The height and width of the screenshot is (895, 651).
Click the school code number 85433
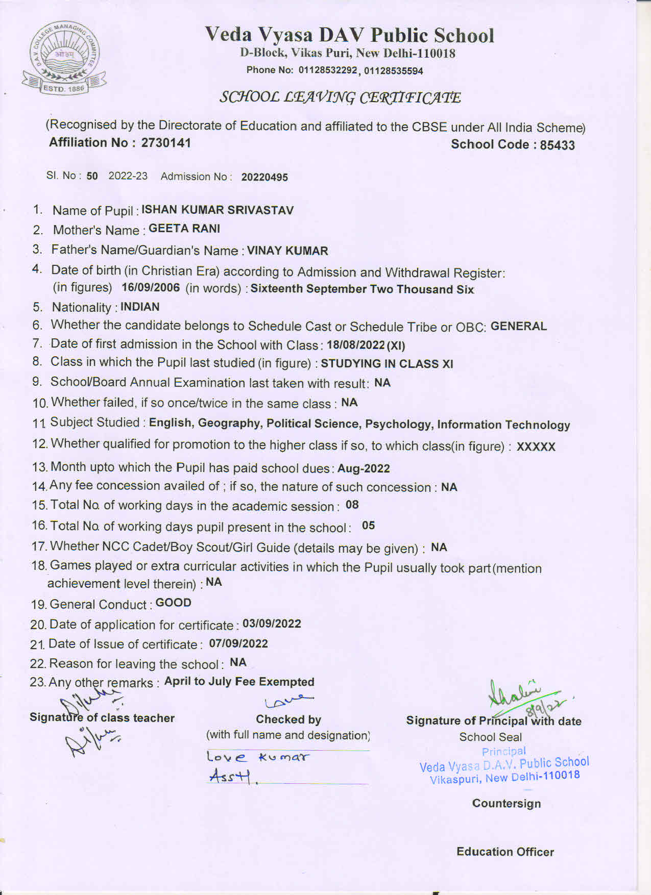pyautogui.click(x=557, y=145)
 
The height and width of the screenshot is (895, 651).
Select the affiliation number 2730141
pyautogui.click(x=166, y=143)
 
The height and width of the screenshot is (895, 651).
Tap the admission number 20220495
pyautogui.click(x=264, y=177)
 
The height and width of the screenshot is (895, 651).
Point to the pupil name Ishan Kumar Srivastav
pyautogui.click(x=218, y=210)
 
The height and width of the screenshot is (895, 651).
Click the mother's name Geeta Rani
pyautogui.click(x=184, y=229)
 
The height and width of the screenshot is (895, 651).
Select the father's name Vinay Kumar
pyautogui.click(x=287, y=251)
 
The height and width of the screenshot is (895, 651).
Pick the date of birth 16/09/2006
pyautogui.click(x=151, y=287)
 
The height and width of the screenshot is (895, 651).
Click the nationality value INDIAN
pyautogui.click(x=140, y=307)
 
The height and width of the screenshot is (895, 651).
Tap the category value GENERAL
pyautogui.click(x=518, y=326)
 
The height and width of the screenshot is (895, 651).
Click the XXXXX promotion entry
pyautogui.click(x=536, y=447)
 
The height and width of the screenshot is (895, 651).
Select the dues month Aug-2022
pyautogui.click(x=364, y=468)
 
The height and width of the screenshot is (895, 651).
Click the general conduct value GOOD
pyautogui.click(x=173, y=603)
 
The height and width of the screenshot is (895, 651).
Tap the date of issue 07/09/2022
pyautogui.click(x=238, y=643)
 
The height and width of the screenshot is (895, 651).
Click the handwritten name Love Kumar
pyautogui.click(x=258, y=757)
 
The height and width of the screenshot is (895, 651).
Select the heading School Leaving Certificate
pyautogui.click(x=340, y=97)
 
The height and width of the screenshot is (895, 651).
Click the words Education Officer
pyautogui.click(x=505, y=852)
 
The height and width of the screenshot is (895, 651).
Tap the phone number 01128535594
pyautogui.click(x=393, y=71)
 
